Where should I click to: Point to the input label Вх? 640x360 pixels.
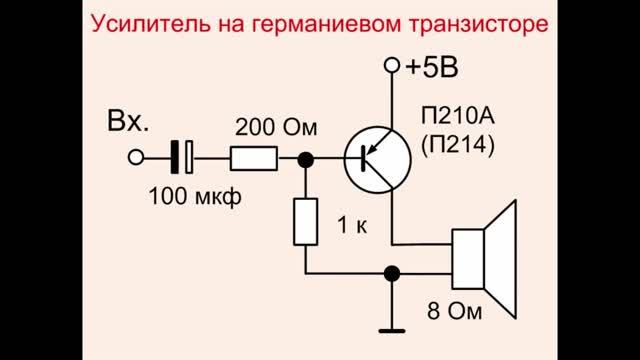[x=127, y=124]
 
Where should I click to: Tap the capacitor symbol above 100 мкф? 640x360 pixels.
[x=183, y=158]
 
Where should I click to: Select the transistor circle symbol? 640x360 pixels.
[x=375, y=158]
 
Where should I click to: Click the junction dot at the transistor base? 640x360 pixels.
[x=305, y=158]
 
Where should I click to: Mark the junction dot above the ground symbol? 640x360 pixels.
[x=392, y=272]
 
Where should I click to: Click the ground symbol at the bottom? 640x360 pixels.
[x=392, y=328]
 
